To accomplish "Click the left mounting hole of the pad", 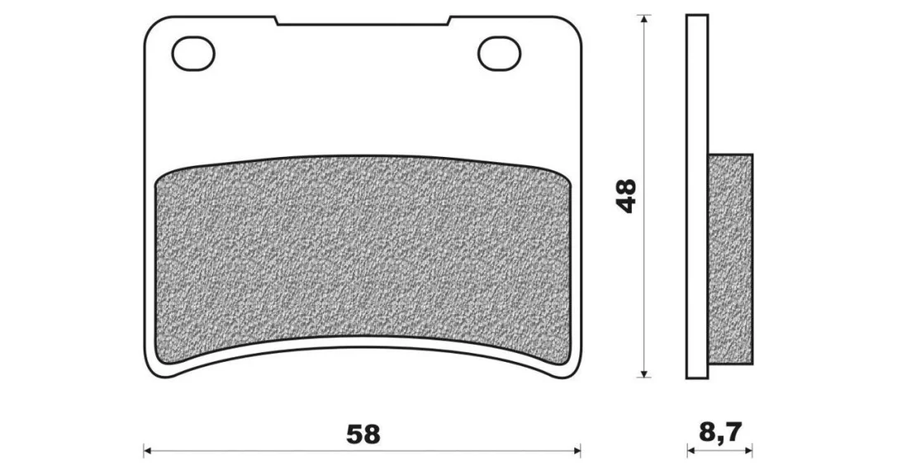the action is click(193, 53).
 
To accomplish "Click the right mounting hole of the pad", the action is click(500, 53).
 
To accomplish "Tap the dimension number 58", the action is click(363, 435).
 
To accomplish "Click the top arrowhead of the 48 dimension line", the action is click(645, 18).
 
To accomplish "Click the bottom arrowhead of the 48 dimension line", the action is click(645, 373).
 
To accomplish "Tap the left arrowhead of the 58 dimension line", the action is click(147, 450).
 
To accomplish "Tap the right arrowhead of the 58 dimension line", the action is click(577, 450).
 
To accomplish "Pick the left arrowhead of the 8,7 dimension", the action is click(691, 450).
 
